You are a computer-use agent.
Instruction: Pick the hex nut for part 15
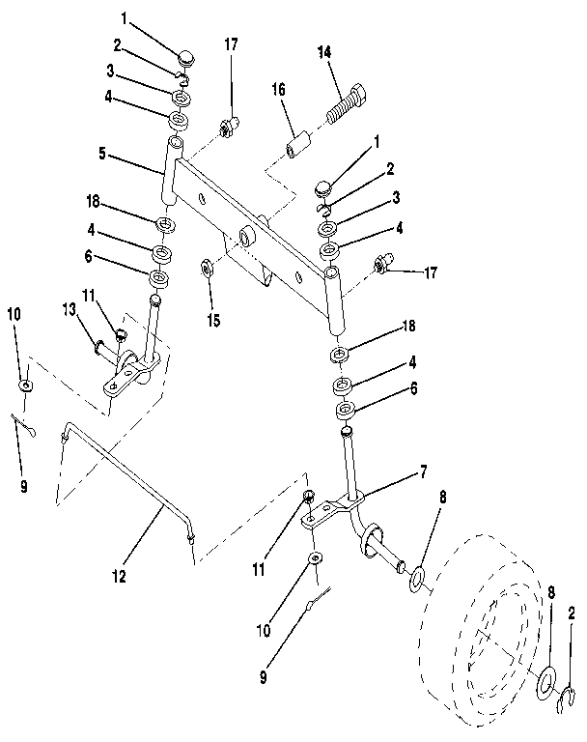[x=207, y=267]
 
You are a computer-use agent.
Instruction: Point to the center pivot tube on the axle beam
[x=247, y=235]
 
